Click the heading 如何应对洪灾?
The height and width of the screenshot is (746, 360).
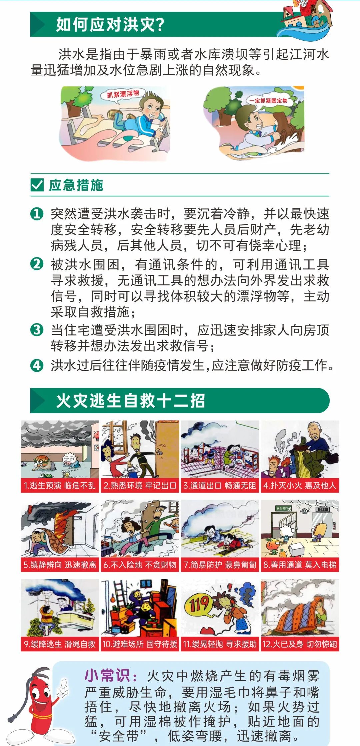(x=110, y=24)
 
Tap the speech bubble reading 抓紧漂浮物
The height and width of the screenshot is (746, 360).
(x=123, y=94)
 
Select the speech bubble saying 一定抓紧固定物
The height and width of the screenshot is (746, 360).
(x=268, y=100)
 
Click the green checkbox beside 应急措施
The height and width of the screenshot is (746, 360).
(x=37, y=185)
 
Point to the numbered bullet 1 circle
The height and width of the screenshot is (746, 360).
(x=37, y=214)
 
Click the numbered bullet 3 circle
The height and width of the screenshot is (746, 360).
(x=37, y=330)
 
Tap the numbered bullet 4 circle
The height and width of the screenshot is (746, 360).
(x=37, y=365)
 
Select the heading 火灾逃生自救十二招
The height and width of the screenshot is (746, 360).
(x=130, y=401)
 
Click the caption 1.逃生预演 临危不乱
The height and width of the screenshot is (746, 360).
(x=60, y=486)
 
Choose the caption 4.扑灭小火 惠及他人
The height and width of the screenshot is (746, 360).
(x=300, y=486)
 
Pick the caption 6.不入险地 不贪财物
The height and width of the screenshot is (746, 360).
(x=140, y=565)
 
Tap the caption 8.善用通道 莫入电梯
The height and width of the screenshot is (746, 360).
(x=300, y=565)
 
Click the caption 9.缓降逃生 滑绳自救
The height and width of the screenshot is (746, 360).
(x=60, y=644)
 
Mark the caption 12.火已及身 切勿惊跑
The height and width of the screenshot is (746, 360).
(x=300, y=644)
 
